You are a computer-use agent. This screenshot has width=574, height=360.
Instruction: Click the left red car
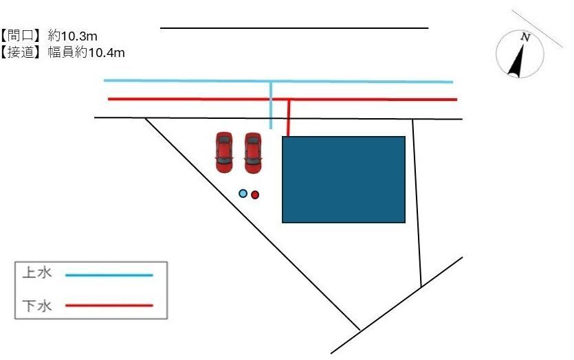(223, 153)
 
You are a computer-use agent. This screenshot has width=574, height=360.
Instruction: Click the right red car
(252, 153)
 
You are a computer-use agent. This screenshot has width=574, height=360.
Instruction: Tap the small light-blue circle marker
(243, 194)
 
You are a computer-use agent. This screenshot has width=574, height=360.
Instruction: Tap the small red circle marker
(255, 194)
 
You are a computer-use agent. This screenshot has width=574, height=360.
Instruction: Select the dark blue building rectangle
(344, 179)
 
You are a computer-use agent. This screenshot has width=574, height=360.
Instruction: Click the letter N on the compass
(526, 37)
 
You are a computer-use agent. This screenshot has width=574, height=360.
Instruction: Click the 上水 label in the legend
(37, 273)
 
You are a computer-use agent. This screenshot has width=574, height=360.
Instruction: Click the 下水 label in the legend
(37, 306)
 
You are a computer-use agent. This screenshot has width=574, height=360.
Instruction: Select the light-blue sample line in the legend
(109, 275)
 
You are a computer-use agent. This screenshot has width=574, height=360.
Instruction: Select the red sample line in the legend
(109, 305)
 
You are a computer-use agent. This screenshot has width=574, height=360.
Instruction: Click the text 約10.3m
(72, 36)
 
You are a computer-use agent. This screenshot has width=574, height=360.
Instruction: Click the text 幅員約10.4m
(87, 53)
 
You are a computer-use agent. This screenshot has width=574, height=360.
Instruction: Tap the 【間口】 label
(21, 36)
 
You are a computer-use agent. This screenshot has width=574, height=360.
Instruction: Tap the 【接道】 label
(21, 53)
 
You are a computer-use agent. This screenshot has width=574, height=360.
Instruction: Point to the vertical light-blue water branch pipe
(271, 105)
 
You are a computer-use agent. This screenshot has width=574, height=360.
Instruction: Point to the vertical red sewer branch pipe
(289, 117)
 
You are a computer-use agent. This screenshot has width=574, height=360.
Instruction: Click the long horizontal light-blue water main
(278, 81)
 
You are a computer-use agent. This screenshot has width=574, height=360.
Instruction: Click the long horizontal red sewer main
(283, 99)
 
